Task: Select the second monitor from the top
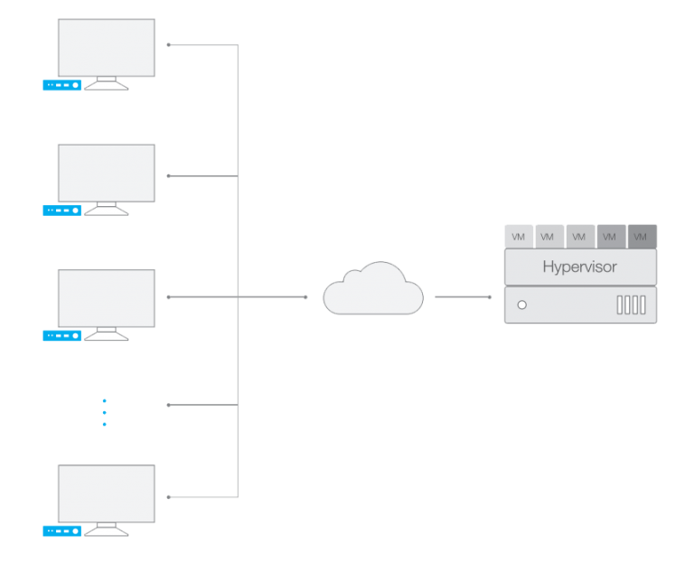(x=106, y=173)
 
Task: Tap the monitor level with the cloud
(x=106, y=298)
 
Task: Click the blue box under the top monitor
(x=61, y=86)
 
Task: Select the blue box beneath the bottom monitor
(x=61, y=530)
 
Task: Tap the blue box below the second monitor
(x=61, y=211)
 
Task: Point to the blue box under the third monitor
(x=61, y=335)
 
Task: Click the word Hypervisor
(x=579, y=267)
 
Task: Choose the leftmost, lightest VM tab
(x=519, y=237)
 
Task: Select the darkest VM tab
(x=642, y=237)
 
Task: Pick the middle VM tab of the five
(x=580, y=237)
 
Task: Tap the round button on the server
(x=521, y=305)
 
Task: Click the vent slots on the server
(x=631, y=305)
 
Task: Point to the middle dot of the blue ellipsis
(x=104, y=412)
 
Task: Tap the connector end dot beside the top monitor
(x=169, y=44)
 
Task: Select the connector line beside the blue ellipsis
(x=203, y=405)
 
